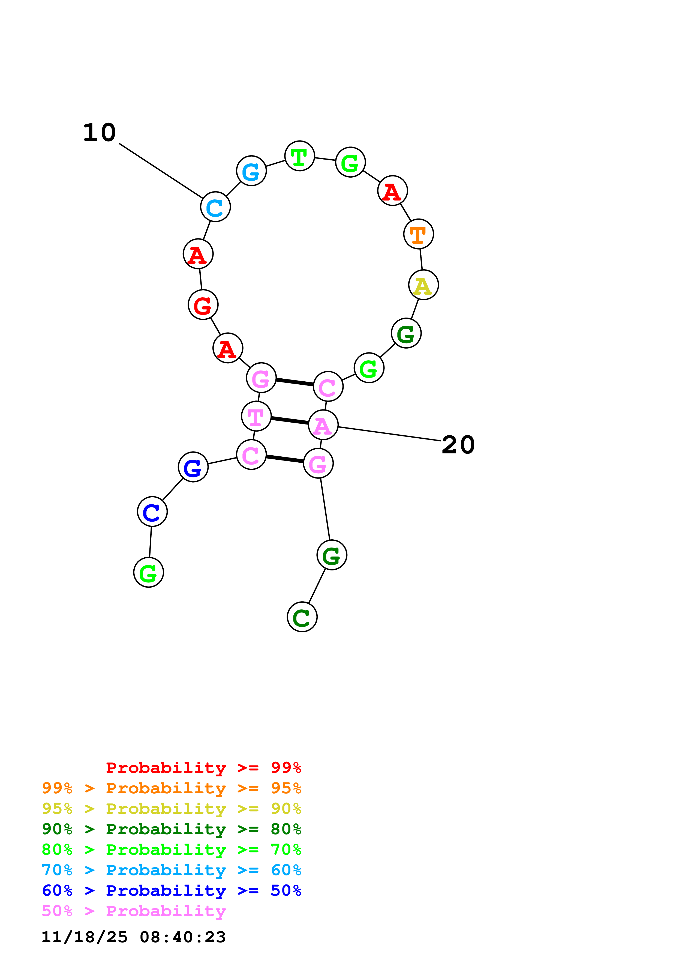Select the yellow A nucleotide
[423, 285]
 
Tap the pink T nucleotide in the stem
[256, 416]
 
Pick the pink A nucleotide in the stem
[323, 425]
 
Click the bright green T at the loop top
[299, 156]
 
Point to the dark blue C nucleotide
[152, 512]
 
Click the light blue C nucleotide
[215, 207]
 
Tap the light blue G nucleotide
[251, 171]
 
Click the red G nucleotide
[203, 305]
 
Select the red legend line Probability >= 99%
[203, 768]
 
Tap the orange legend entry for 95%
[171, 788]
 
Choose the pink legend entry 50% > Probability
[134, 911]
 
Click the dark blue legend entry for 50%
[171, 891]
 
